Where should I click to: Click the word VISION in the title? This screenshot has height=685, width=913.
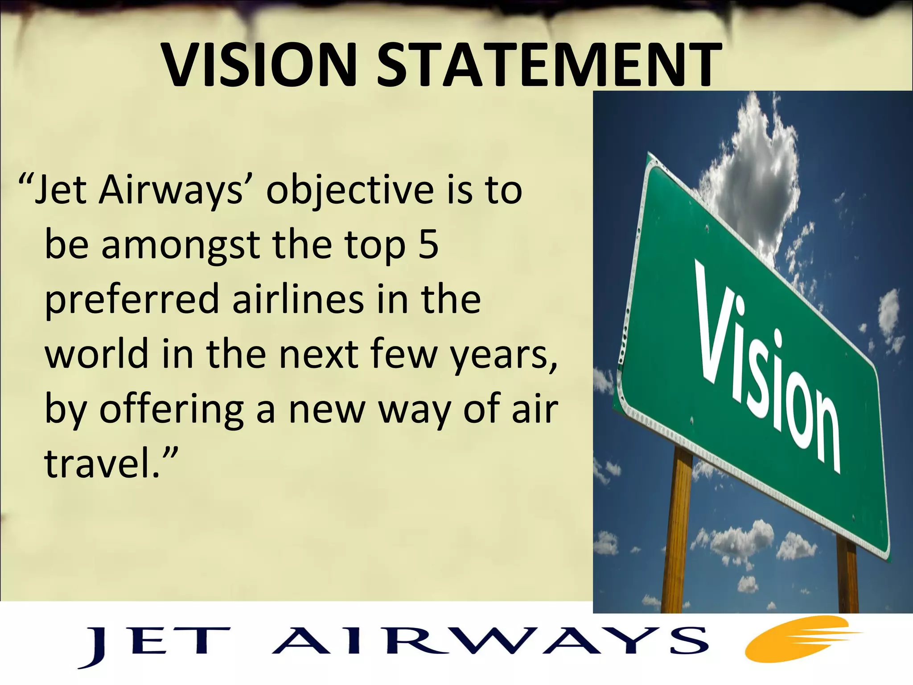tap(258, 66)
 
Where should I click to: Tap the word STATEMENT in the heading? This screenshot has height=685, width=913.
tap(548, 66)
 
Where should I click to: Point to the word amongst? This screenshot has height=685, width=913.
tap(181, 246)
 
